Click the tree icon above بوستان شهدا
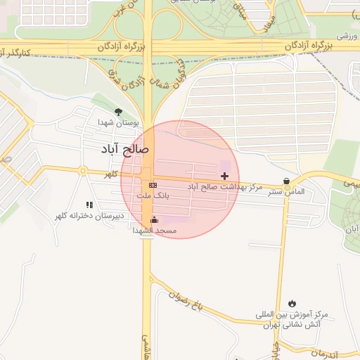pyautogui.click(x=118, y=112)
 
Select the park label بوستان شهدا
pyautogui.click(x=118, y=123)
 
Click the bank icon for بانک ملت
pyautogui.click(x=153, y=184)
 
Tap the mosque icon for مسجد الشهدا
pyautogui.click(x=155, y=220)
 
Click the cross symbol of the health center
pyautogui.click(x=225, y=175)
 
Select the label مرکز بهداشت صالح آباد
pyautogui.click(x=225, y=188)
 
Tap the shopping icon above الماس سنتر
pyautogui.click(x=286, y=180)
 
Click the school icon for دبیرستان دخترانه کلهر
pyautogui.click(x=89, y=205)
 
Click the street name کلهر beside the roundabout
pyautogui.click(x=110, y=174)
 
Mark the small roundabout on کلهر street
pyautogui.click(x=83, y=171)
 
